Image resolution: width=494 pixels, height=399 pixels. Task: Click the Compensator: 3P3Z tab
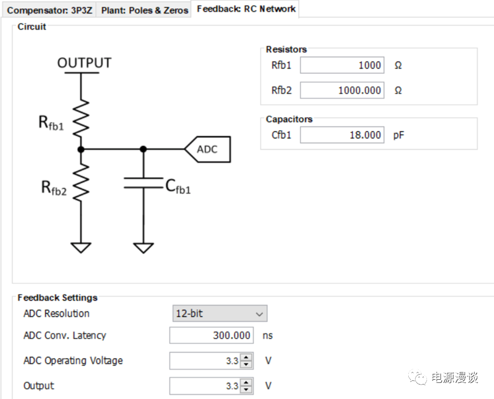(x=49, y=10)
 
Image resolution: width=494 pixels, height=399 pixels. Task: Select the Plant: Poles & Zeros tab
(x=144, y=10)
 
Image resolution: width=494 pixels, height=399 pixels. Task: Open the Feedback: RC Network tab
(x=246, y=9)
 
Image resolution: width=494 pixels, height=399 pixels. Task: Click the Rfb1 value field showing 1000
(x=342, y=65)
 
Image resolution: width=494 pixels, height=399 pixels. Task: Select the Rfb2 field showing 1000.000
(x=342, y=90)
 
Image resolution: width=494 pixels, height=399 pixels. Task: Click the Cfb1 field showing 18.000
(x=342, y=135)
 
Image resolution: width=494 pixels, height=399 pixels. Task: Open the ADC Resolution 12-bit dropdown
(x=220, y=313)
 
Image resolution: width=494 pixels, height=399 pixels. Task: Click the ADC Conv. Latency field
(x=211, y=335)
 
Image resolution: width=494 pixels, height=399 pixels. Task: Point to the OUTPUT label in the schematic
(x=84, y=63)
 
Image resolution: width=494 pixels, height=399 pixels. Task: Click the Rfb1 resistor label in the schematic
(x=51, y=123)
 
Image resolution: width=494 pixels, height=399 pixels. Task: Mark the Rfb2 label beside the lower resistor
(x=54, y=188)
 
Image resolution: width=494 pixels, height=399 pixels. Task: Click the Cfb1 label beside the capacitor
(x=178, y=187)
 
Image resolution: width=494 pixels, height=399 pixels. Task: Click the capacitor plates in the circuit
(x=143, y=183)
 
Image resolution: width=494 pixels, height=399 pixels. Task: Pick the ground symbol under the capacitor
(x=143, y=247)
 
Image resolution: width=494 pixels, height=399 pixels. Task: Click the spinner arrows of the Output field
(x=247, y=386)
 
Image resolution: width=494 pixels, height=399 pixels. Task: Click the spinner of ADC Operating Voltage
(x=247, y=361)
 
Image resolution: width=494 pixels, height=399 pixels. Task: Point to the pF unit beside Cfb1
(x=398, y=135)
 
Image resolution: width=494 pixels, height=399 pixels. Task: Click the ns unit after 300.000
(x=268, y=335)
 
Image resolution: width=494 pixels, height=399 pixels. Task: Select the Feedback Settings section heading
(x=58, y=298)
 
